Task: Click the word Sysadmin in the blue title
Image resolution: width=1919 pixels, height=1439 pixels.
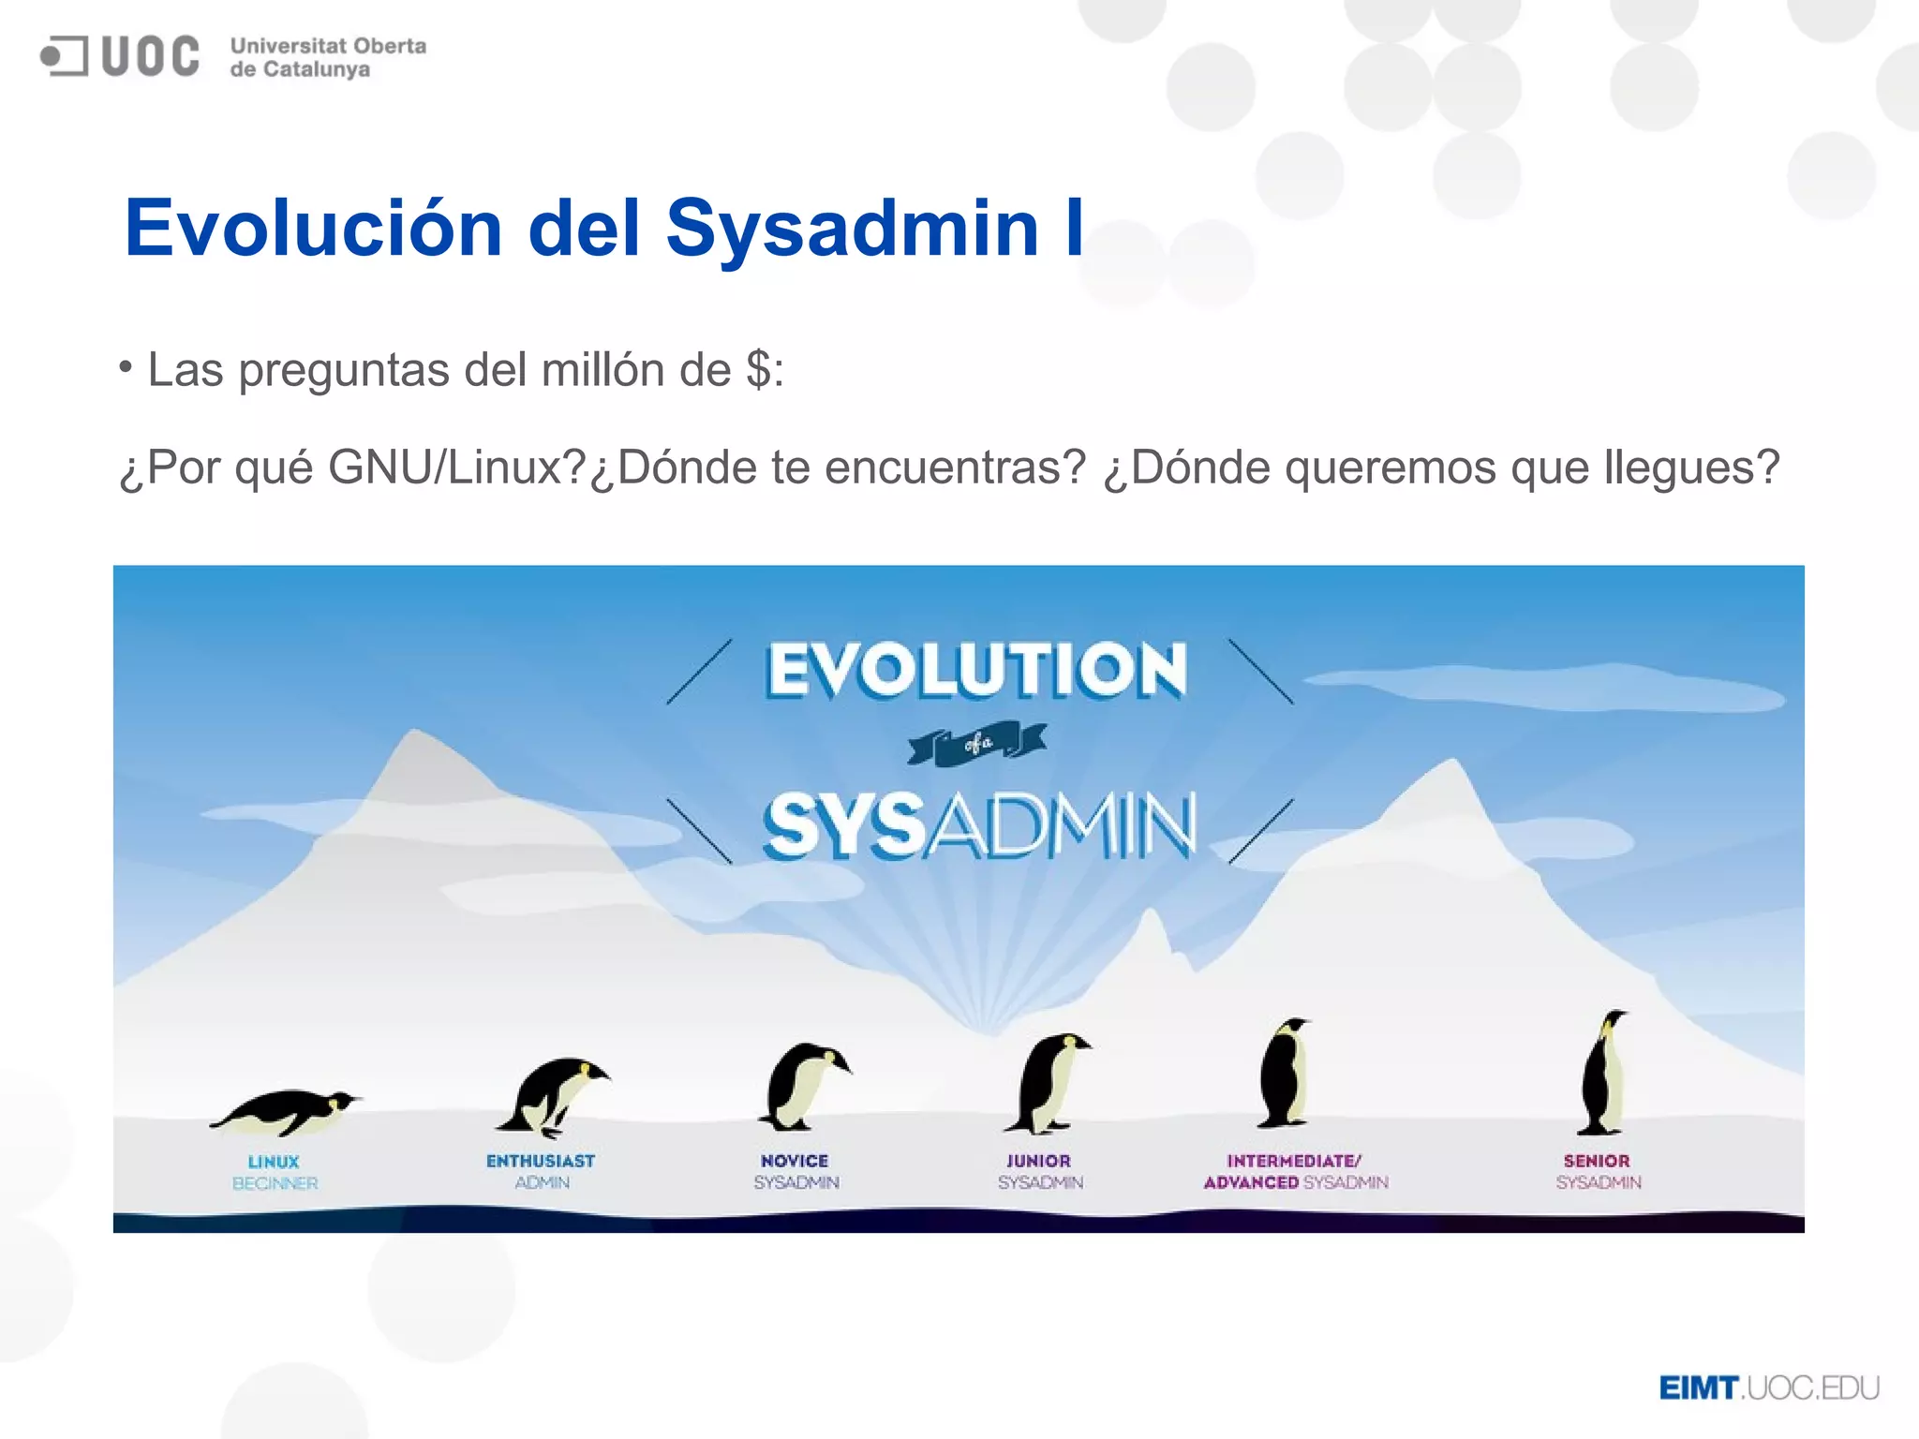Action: pyautogui.click(x=852, y=228)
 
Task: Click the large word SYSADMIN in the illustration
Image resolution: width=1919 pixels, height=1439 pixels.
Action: pyautogui.click(x=979, y=826)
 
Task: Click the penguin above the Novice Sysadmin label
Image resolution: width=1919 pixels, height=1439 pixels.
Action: pyautogui.click(x=804, y=1087)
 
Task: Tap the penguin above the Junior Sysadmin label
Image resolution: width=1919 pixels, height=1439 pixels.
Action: pyautogui.click(x=1048, y=1084)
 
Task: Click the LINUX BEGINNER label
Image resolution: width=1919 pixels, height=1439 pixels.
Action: pyautogui.click(x=275, y=1172)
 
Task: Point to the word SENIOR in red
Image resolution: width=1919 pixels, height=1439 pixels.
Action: pyautogui.click(x=1597, y=1161)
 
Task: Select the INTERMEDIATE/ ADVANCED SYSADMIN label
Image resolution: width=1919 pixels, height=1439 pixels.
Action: pyautogui.click(x=1295, y=1172)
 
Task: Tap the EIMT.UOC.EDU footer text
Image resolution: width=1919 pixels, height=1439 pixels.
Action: pyautogui.click(x=1768, y=1387)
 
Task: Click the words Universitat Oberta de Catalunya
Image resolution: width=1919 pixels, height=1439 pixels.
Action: pyautogui.click(x=327, y=57)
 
